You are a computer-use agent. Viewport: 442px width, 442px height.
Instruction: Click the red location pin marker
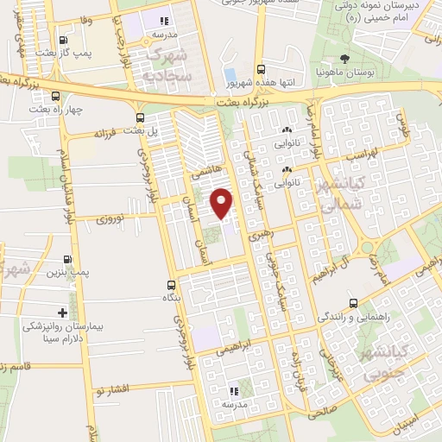coord(222,203)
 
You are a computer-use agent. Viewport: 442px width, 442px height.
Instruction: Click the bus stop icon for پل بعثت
coord(140,118)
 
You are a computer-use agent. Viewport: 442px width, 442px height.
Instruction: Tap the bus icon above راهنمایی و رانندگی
coord(353,303)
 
